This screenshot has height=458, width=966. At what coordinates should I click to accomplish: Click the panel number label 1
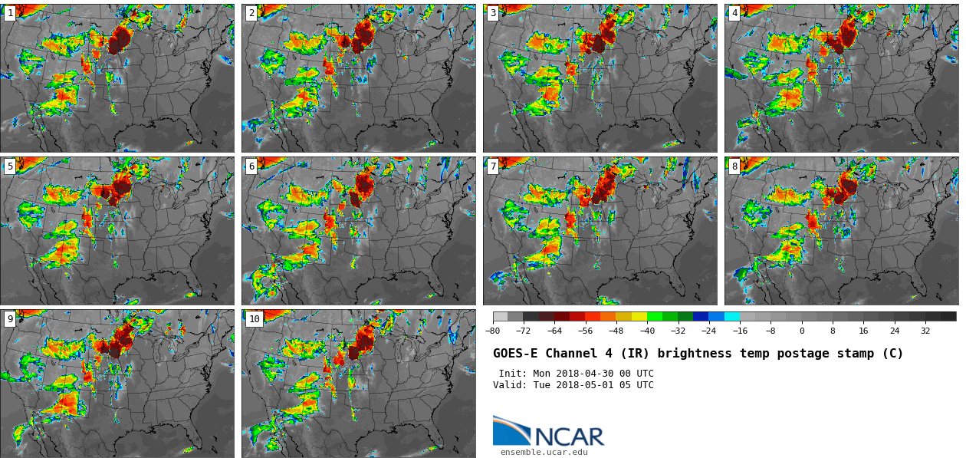click(x=10, y=13)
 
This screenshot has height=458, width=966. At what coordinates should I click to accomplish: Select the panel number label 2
click(x=251, y=13)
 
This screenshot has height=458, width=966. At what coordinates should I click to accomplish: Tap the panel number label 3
click(x=493, y=13)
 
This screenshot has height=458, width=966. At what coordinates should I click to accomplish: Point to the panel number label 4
click(x=734, y=13)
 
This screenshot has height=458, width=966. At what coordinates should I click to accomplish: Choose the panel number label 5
click(x=10, y=166)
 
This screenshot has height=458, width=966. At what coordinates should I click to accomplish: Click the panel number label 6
click(x=251, y=166)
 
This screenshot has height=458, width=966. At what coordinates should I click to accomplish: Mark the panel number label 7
click(x=493, y=166)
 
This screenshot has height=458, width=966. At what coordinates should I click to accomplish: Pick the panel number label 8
click(x=734, y=166)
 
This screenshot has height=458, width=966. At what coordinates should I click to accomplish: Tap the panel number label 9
click(x=10, y=319)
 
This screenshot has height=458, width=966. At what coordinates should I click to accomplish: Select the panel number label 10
click(x=254, y=319)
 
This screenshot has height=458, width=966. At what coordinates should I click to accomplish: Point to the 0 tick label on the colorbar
click(x=802, y=331)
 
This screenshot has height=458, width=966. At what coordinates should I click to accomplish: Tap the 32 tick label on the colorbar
click(x=925, y=331)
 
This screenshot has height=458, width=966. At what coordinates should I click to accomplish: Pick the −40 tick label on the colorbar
click(x=647, y=331)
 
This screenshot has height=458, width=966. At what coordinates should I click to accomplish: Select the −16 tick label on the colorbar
click(x=740, y=331)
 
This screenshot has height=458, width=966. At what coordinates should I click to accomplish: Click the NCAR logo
click(x=548, y=432)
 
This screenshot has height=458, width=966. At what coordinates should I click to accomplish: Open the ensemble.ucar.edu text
click(x=544, y=453)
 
